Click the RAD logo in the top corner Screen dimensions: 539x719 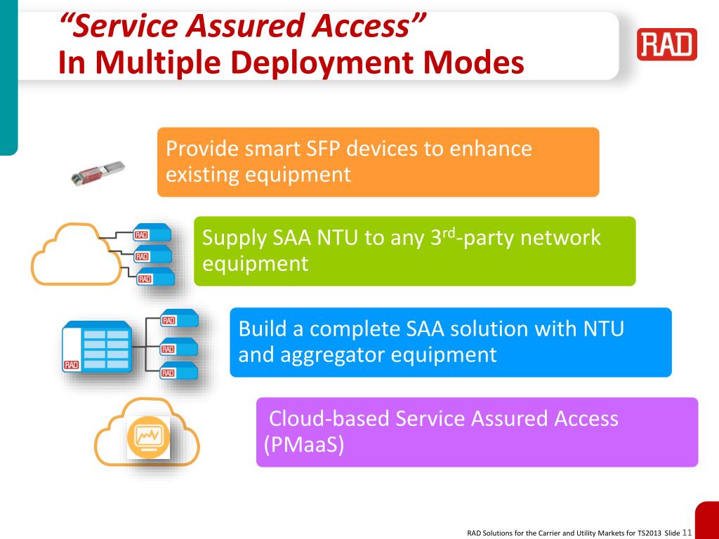(x=667, y=44)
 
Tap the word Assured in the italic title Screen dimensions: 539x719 (x=242, y=26)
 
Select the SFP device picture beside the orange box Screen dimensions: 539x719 (x=99, y=171)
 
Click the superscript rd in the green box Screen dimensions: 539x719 (x=448, y=232)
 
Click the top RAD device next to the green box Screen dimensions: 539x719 (x=152, y=233)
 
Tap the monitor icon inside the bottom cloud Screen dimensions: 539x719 (x=149, y=437)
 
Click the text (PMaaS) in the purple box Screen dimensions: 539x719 (x=304, y=444)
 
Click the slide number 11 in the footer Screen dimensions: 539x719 (x=687, y=531)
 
